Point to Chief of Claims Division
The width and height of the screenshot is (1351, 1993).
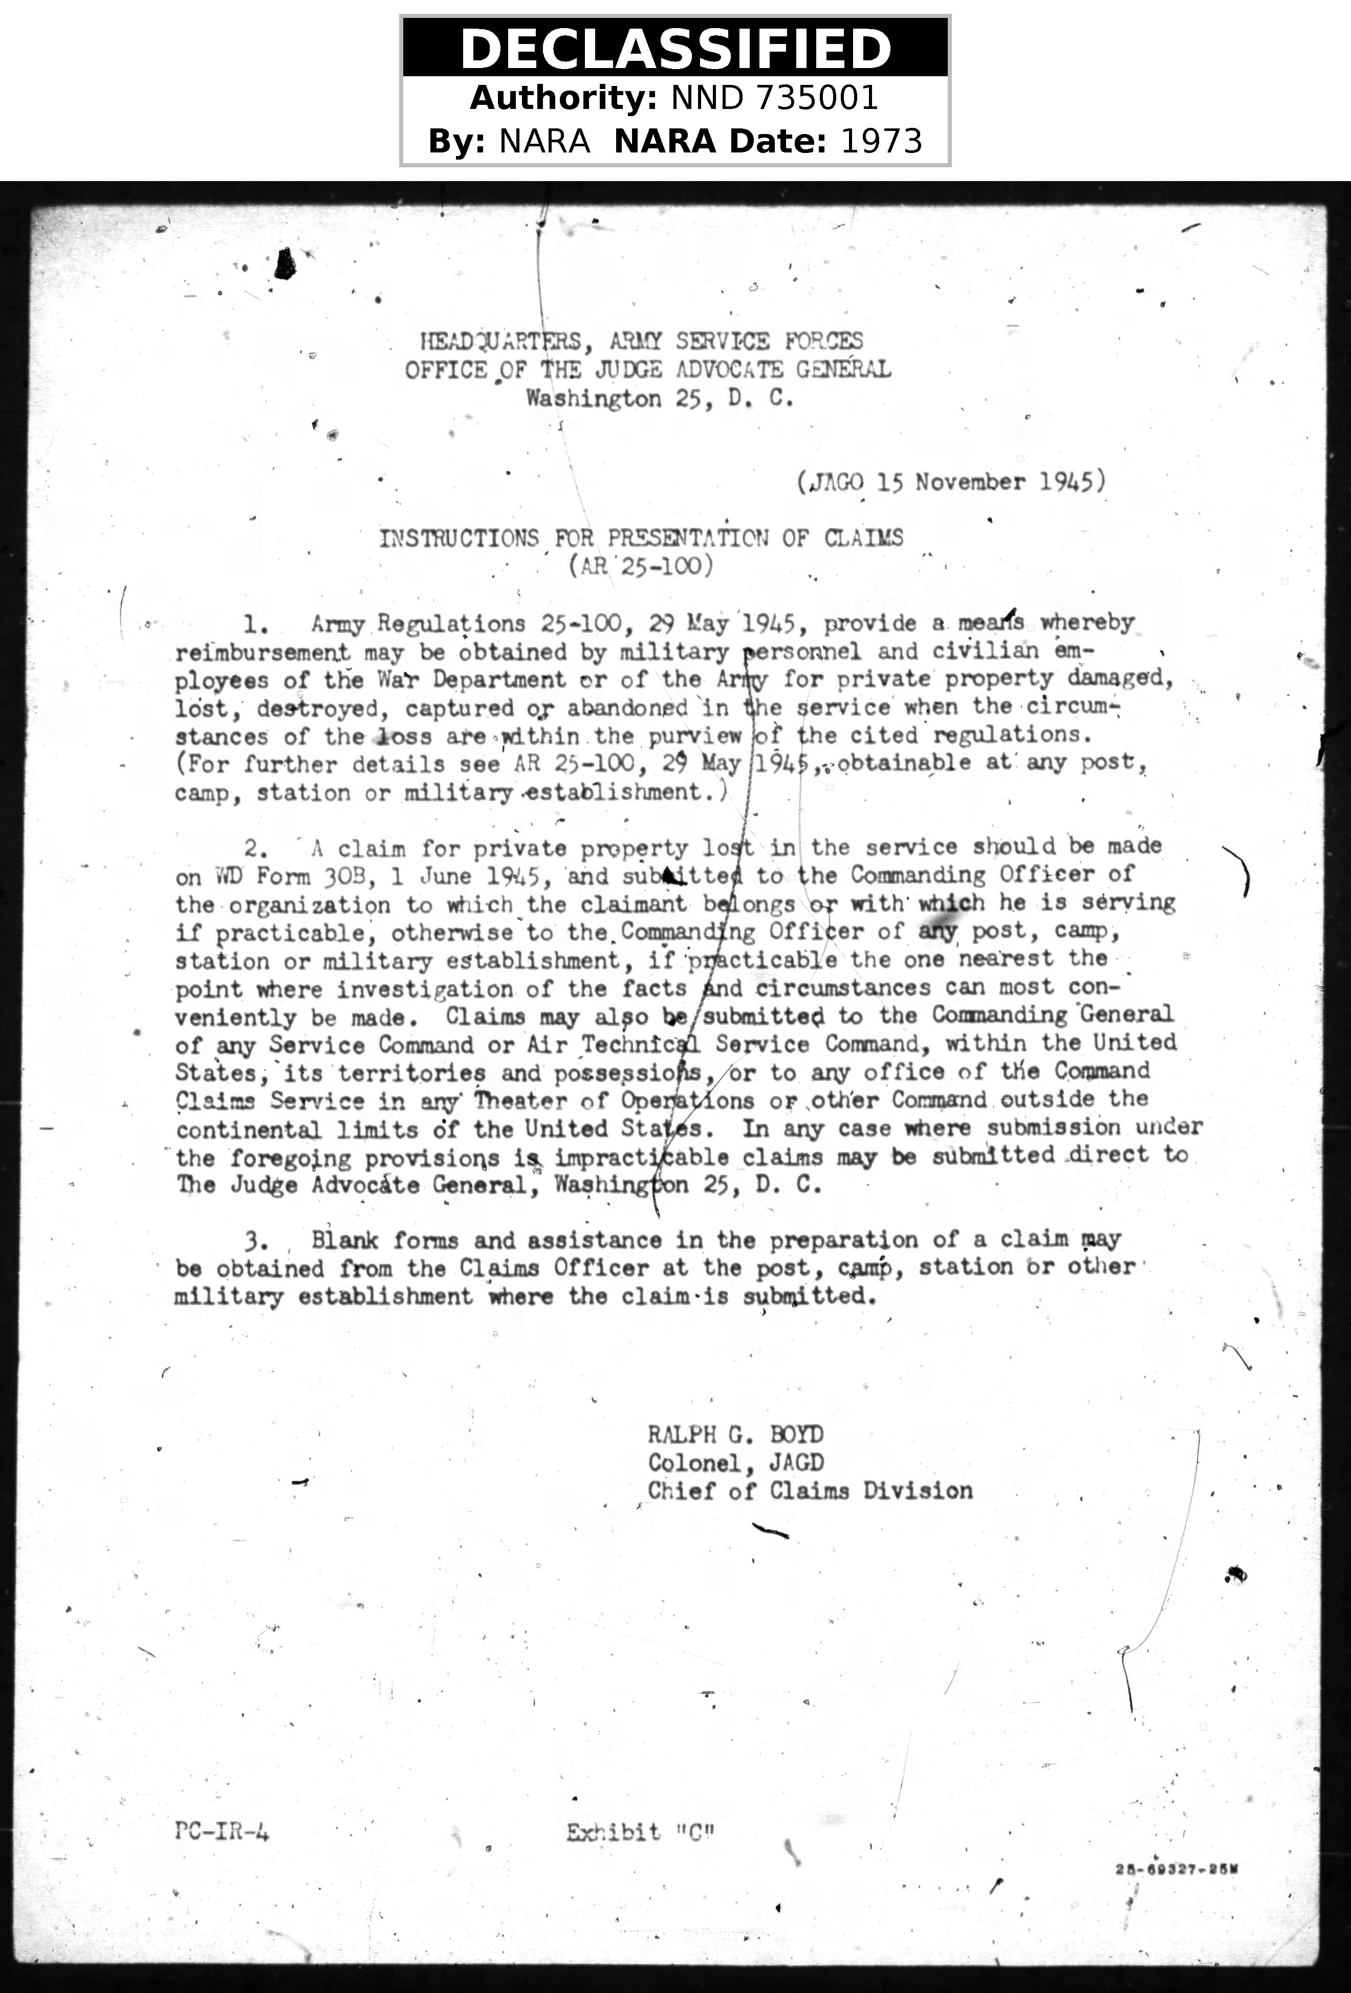coord(810,1491)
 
